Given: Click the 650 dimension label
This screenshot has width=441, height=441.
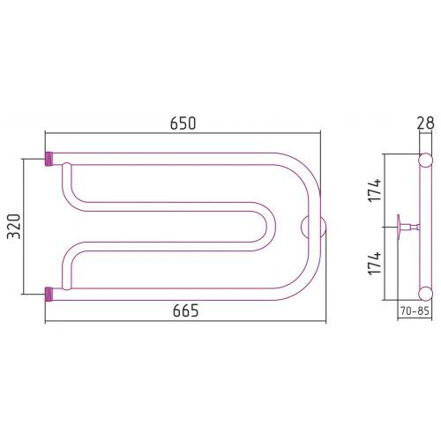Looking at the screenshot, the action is (x=183, y=123).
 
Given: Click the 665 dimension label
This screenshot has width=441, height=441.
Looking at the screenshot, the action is (x=185, y=310).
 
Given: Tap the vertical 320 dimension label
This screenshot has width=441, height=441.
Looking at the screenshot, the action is (x=14, y=227).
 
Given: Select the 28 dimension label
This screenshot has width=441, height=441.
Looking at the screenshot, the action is (x=425, y=123).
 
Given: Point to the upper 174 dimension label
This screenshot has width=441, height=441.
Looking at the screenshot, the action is (x=375, y=190).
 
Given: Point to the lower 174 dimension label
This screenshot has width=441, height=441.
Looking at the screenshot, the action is (x=375, y=264).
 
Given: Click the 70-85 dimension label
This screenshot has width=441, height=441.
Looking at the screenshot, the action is (x=415, y=310).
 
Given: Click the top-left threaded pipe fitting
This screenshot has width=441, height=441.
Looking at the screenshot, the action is (x=49, y=159).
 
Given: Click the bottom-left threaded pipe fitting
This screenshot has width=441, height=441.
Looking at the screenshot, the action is (x=49, y=295).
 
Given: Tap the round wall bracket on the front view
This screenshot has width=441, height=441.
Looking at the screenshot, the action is (x=313, y=227).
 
